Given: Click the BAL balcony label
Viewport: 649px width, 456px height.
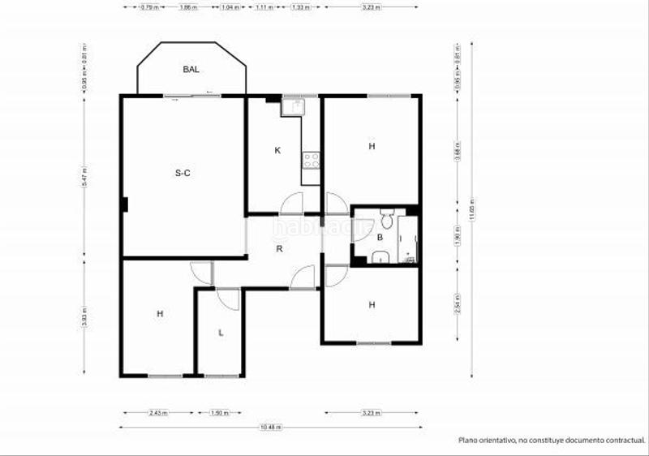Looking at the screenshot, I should pos(191,70).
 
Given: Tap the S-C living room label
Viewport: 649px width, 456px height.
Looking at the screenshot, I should pos(183,173).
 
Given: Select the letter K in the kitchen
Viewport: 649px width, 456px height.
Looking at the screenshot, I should pos(277,150).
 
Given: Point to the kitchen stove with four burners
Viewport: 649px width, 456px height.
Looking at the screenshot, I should pos(311,159).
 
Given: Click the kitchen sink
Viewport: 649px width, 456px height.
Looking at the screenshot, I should pos(292,106).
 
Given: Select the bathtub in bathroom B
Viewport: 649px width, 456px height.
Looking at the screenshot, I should pos(408,239).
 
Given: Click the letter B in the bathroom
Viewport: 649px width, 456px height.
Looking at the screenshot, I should pos(380,238).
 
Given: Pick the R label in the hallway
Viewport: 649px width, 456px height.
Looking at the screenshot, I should pos(279,249).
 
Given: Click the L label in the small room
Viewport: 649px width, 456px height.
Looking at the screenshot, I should pos(221,333).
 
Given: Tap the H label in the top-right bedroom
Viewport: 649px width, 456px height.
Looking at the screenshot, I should pos(372,147).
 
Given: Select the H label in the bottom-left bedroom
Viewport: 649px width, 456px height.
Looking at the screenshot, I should pos(160,313).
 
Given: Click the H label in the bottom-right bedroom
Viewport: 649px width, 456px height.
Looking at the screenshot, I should pos(372,305).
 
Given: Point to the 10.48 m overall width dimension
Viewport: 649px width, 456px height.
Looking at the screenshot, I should pos(266,427).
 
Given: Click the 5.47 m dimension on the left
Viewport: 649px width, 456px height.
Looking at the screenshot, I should pos(84,177).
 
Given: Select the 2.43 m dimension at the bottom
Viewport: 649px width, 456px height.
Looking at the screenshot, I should pos(158,413).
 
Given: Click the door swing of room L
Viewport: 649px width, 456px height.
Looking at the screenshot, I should pos(228,299).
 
